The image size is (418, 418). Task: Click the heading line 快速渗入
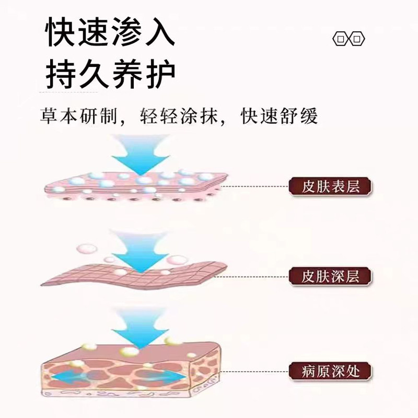click(109, 33)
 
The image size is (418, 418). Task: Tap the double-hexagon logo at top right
click(350, 40)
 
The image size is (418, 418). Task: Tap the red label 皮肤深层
click(330, 275)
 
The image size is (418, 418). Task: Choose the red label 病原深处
click(330, 371)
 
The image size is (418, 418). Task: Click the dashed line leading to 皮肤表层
click(256, 186)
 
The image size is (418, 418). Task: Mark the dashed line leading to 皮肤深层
click(256, 275)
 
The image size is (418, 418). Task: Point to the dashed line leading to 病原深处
click(256, 371)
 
